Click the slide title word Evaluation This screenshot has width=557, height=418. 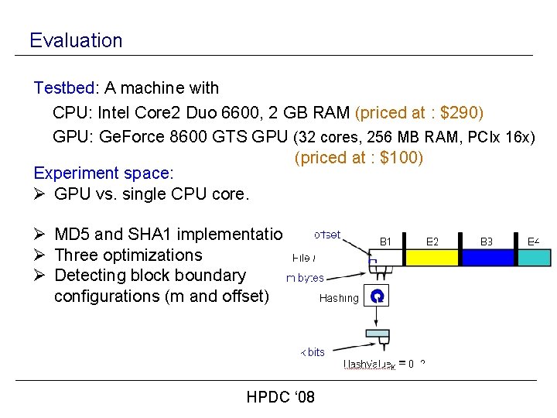tap(76, 40)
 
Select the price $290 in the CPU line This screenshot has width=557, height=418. tap(460, 113)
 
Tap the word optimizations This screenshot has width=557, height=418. tap(152, 255)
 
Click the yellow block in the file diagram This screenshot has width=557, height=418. tap(432, 257)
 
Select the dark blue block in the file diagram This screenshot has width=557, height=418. tap(487, 257)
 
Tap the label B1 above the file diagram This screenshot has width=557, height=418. tap(386, 241)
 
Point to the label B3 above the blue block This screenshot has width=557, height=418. tap(486, 241)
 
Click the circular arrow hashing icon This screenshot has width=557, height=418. tap(378, 296)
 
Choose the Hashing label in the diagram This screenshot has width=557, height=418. tap(339, 297)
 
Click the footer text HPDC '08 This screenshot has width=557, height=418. tap(280, 398)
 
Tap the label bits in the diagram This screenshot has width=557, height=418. tap(315, 352)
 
